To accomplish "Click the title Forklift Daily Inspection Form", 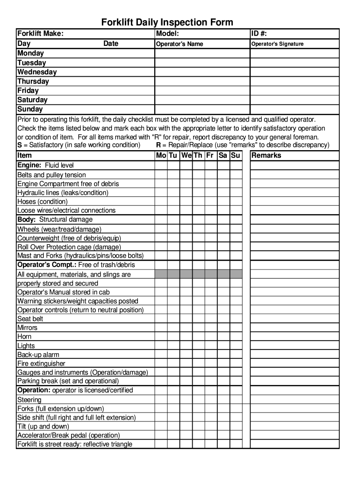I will [167, 22].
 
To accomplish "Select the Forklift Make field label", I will [40, 34].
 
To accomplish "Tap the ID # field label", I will [259, 34].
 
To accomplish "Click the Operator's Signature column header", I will [277, 44].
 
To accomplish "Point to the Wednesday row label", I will [37, 72].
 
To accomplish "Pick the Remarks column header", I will [266, 155].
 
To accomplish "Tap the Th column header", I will [198, 155].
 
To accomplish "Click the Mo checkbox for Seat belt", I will [161, 319].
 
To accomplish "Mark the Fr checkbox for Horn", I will [210, 337].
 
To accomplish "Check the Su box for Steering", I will [236, 400].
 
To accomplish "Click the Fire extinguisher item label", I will [41, 363].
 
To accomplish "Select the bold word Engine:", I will [30, 165].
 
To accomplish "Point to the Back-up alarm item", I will [38, 355].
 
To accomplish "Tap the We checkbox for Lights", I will [186, 346].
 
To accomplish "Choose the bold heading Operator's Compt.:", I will [47, 265].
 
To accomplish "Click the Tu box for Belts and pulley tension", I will [173, 175].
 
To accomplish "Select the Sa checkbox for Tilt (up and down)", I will [223, 427].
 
